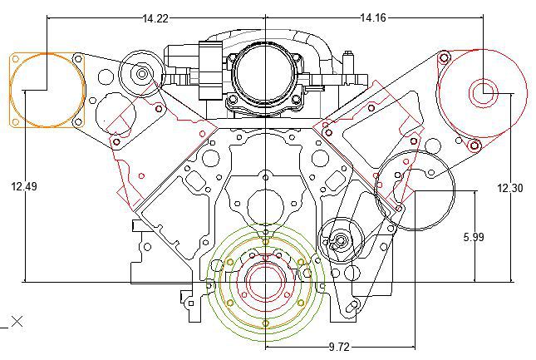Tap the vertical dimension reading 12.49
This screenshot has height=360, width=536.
[24, 187]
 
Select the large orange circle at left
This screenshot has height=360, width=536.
[47, 90]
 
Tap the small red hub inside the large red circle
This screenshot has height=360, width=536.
[483, 94]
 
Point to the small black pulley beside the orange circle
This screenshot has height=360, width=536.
[142, 74]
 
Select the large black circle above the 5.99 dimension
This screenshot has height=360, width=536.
[415, 191]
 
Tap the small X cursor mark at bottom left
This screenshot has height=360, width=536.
[16, 321]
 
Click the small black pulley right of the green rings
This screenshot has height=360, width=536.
[339, 241]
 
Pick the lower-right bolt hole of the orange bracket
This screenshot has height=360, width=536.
[77, 122]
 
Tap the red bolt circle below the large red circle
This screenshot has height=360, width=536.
[474, 146]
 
